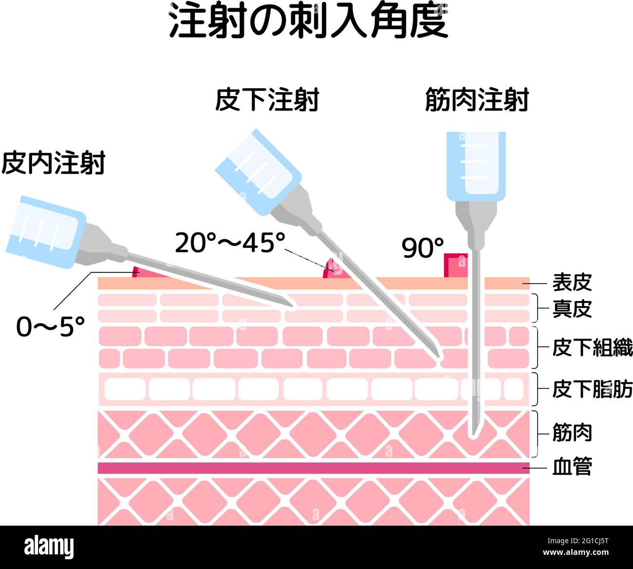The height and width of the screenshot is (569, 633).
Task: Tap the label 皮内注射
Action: (x=53, y=163)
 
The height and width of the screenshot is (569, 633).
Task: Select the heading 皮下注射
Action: (x=267, y=100)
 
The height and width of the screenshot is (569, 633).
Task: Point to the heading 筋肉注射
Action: (x=477, y=100)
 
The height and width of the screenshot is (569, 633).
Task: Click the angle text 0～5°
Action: (x=50, y=326)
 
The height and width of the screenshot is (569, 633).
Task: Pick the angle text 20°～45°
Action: (x=230, y=243)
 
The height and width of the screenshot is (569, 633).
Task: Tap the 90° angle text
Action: (x=423, y=247)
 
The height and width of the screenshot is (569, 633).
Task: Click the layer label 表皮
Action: (x=572, y=283)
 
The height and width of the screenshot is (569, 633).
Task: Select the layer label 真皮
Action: (x=572, y=309)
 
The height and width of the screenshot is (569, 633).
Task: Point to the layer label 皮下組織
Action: (x=593, y=347)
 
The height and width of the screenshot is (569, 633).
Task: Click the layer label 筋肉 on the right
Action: (x=572, y=433)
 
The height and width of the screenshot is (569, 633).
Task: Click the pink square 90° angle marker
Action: (x=456, y=266)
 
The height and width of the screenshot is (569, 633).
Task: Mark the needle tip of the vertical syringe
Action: (x=474, y=435)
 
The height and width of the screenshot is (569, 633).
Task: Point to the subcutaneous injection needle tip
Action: (x=439, y=358)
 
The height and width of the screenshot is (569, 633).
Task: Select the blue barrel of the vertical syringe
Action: (x=476, y=166)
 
